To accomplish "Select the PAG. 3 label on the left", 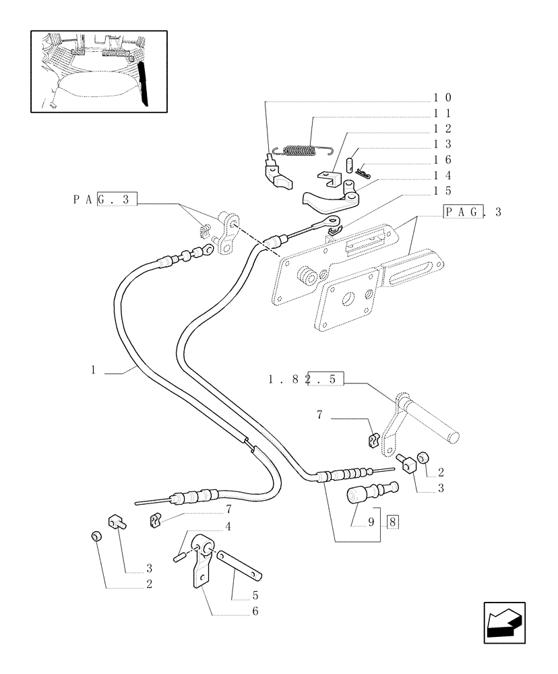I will click(x=104, y=200).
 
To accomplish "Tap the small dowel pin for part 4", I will click(x=180, y=557).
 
